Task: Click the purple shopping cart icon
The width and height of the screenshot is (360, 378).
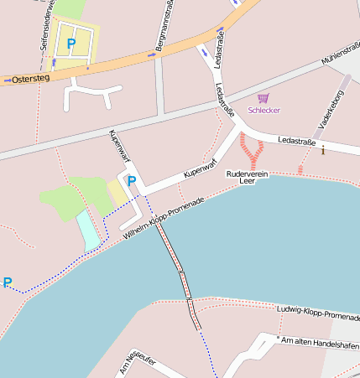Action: click(263, 98)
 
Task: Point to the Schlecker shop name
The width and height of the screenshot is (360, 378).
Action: click(263, 110)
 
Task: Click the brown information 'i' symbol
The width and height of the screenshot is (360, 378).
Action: click(322, 150)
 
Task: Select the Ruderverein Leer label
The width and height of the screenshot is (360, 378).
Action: click(247, 176)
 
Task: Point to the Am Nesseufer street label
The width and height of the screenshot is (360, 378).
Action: click(138, 363)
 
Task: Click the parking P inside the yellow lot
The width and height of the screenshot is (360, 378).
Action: click(71, 43)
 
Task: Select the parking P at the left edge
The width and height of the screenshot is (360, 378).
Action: click(8, 282)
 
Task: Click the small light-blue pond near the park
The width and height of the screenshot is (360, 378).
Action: click(88, 230)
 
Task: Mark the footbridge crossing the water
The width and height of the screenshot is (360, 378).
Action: click(179, 277)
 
